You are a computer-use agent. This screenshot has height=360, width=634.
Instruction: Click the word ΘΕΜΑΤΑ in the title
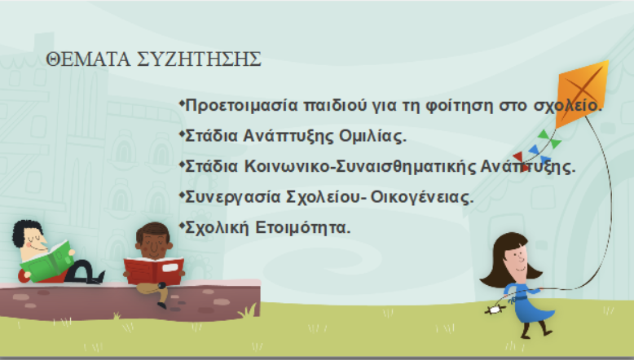coord(88,59)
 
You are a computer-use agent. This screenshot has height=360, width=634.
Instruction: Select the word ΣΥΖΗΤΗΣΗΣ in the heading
coord(200,59)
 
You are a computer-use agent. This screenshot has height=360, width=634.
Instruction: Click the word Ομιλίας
coord(372,136)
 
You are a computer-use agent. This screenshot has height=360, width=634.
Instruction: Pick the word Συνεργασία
coord(233,197)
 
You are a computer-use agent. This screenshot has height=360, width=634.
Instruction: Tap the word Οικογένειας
coord(422,197)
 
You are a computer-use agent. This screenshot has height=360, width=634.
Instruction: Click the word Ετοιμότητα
coord(303,227)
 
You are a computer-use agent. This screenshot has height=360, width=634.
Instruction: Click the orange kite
coord(581,94)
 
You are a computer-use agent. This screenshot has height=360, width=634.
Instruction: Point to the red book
coord(154,270)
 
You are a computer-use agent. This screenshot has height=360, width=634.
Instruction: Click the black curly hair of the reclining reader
coord(25,230)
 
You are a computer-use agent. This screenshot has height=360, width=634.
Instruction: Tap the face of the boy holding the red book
coord(154,245)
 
